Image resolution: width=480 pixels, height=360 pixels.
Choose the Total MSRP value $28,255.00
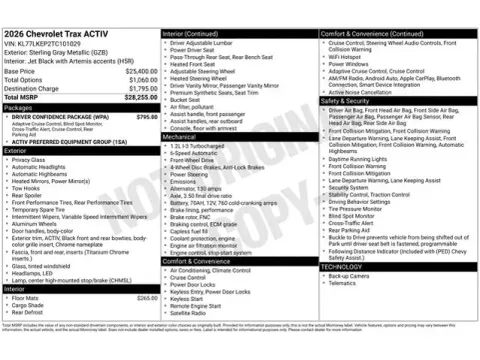(x=133, y=97)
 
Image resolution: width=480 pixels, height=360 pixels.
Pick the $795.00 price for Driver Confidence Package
(x=147, y=116)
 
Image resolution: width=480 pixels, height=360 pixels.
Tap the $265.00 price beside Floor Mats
(x=147, y=297)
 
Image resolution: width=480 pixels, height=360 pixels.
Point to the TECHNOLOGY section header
(x=342, y=266)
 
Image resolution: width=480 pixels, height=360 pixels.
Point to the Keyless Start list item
(x=187, y=298)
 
